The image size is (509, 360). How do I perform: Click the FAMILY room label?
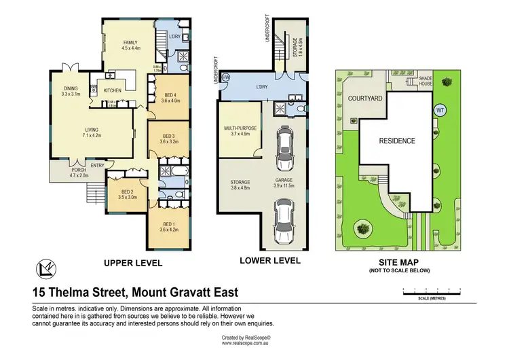130,42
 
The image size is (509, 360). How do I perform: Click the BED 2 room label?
128,193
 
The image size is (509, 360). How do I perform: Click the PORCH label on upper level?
71,171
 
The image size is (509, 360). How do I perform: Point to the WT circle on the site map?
439,110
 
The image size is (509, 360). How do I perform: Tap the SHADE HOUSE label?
426,81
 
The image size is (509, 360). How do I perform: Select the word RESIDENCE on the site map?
397,141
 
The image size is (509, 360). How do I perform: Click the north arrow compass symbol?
45,270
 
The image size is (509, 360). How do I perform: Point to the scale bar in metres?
432,291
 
